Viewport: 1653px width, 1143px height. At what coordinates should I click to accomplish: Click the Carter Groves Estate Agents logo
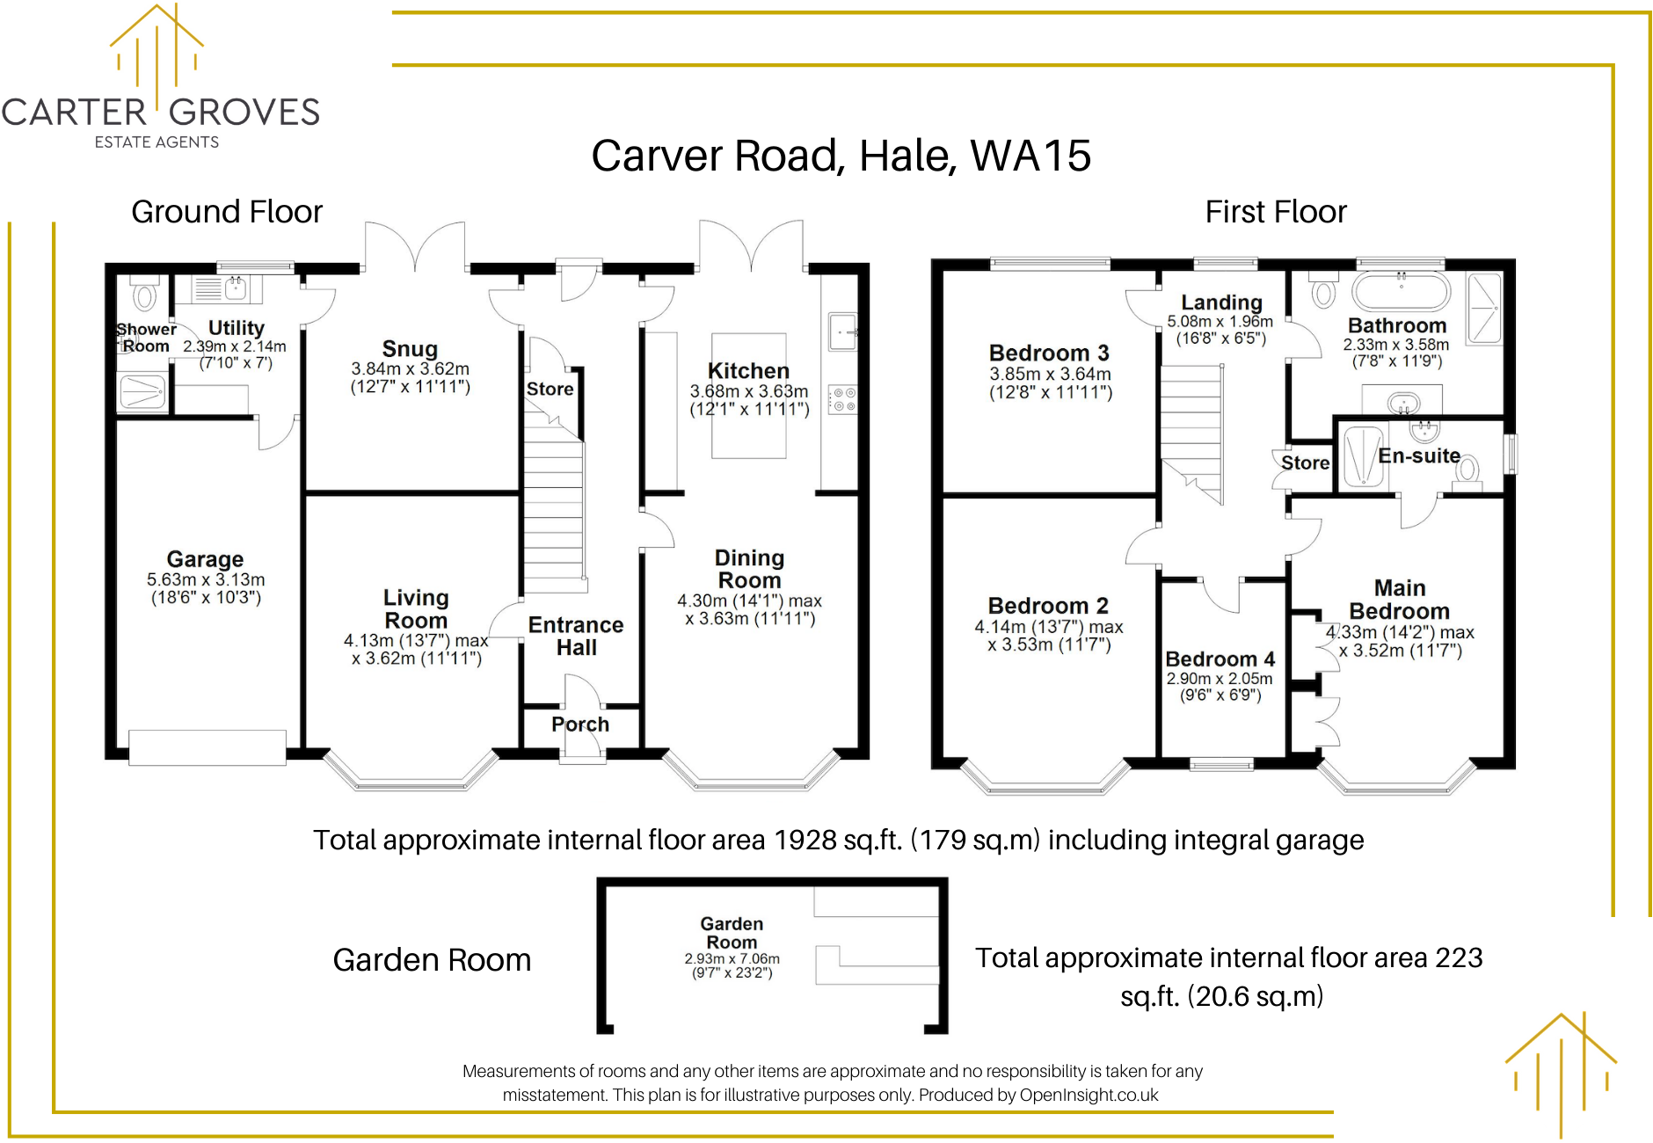click(160, 79)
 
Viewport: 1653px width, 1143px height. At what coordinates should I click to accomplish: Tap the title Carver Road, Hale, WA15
click(841, 156)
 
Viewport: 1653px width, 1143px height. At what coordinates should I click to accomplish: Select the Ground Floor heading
click(227, 212)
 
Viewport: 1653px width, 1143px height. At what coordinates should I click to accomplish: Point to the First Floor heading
click(1275, 212)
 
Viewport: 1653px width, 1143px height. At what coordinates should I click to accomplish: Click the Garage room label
click(205, 559)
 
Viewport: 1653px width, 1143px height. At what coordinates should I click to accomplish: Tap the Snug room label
click(410, 349)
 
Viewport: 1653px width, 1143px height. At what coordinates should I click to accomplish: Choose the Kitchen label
click(748, 371)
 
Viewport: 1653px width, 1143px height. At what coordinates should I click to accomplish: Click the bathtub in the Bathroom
click(1401, 288)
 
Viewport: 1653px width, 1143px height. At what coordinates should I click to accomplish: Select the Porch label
click(580, 724)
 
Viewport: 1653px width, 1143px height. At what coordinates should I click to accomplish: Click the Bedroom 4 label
click(1220, 659)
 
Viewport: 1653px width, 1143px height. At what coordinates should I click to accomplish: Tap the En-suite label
click(1419, 455)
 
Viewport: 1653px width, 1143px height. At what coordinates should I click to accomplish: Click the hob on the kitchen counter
click(842, 399)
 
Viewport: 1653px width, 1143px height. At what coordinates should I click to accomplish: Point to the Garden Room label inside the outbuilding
click(732, 933)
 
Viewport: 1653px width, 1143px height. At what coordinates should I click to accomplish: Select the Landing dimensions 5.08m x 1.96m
click(1220, 322)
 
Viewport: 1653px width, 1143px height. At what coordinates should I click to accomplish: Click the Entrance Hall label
click(576, 636)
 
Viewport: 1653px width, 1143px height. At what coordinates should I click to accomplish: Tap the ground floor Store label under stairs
click(550, 389)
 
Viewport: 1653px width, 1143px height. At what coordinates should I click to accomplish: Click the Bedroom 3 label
click(1049, 353)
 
